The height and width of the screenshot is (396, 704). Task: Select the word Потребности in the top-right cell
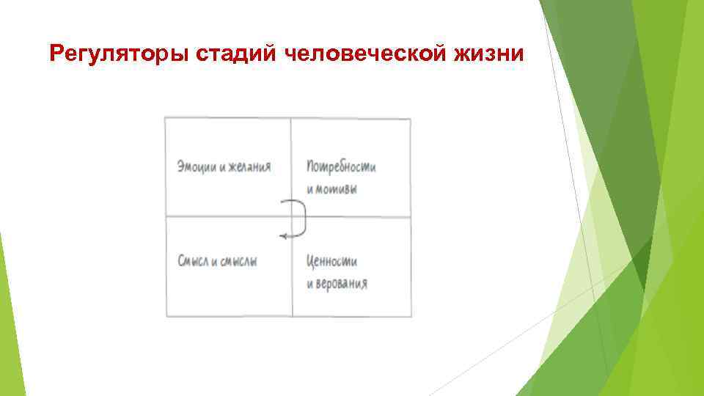tap(341, 167)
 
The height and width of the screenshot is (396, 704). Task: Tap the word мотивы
tap(337, 190)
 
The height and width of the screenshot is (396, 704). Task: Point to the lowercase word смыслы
tap(238, 261)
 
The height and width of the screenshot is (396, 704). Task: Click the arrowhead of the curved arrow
tap(281, 235)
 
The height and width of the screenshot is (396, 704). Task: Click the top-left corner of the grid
tap(166, 117)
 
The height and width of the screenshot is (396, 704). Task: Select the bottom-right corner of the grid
tap(411, 317)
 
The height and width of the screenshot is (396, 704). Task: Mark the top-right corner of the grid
tap(411, 119)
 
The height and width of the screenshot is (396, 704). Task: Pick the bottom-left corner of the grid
tap(166, 317)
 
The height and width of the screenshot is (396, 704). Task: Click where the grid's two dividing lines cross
tap(292, 217)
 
